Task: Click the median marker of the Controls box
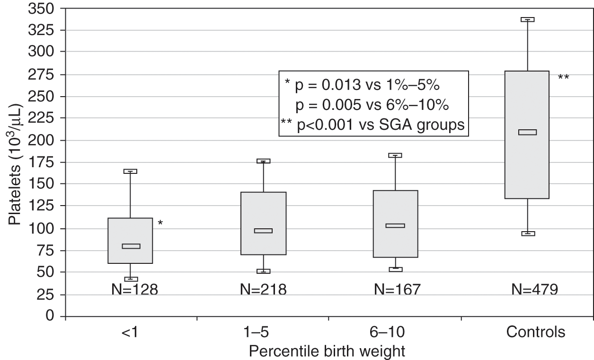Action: [x=527, y=132]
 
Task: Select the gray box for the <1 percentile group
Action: [x=130, y=241]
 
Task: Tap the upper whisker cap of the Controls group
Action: [x=527, y=19]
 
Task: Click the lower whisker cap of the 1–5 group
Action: [x=263, y=271]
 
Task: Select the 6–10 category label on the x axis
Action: [x=395, y=333]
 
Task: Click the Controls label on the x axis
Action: [x=536, y=333]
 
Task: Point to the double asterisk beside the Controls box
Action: [x=563, y=77]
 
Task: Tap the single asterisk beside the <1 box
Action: [x=160, y=223]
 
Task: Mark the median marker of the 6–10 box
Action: [x=395, y=225]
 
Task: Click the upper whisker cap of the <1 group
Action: [x=130, y=171]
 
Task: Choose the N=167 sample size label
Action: [x=397, y=289]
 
